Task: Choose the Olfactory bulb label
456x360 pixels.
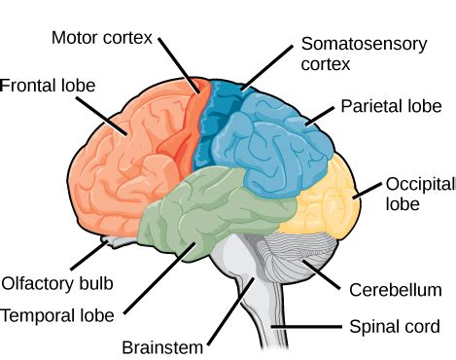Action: pyautogui.click(x=57, y=284)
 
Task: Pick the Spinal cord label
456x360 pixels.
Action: pyautogui.click(x=394, y=326)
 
